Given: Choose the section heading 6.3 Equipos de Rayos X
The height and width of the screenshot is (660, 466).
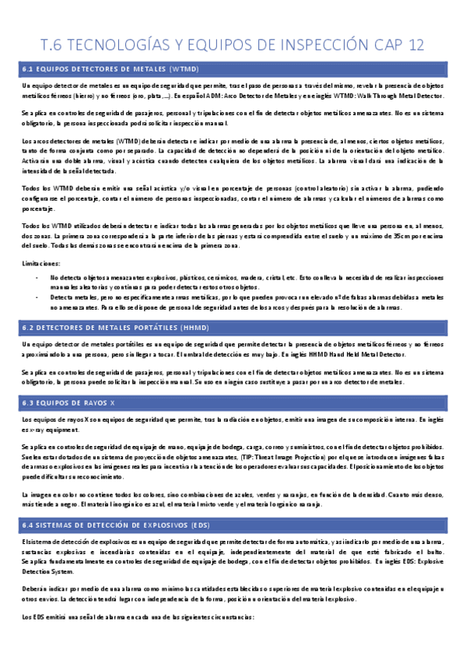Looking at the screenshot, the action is pyautogui.click(x=70, y=403).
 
